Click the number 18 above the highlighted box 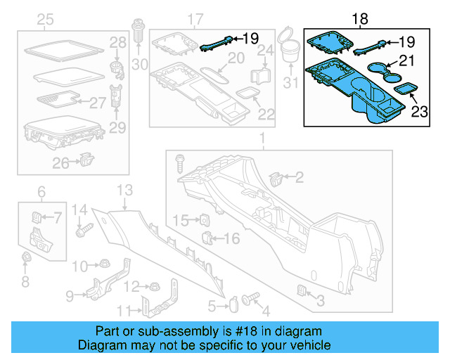pos(359,19)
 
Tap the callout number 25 pos(45,19)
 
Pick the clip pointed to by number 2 pos(276,177)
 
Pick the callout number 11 pos(123,311)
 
